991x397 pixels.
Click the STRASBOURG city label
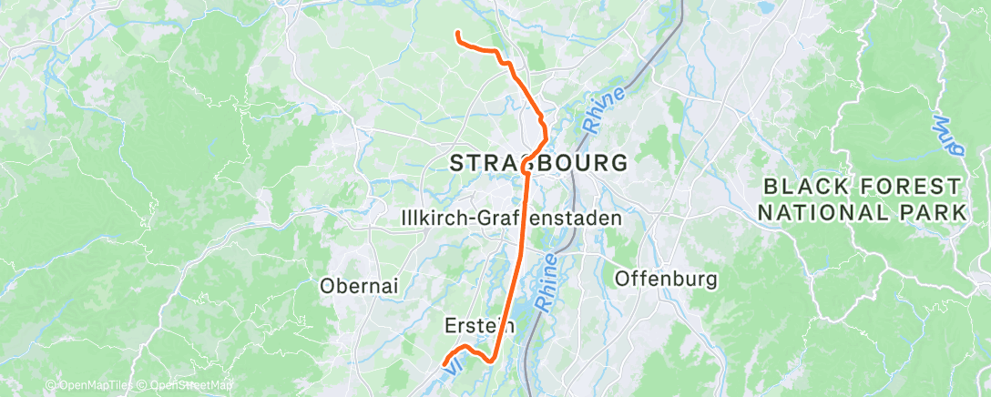click(539, 164)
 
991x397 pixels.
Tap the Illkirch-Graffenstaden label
click(511, 219)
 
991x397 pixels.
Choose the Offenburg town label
click(666, 278)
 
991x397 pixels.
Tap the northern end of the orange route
click(456, 34)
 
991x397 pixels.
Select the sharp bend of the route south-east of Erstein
click(493, 360)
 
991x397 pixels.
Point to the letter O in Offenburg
click(624, 278)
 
